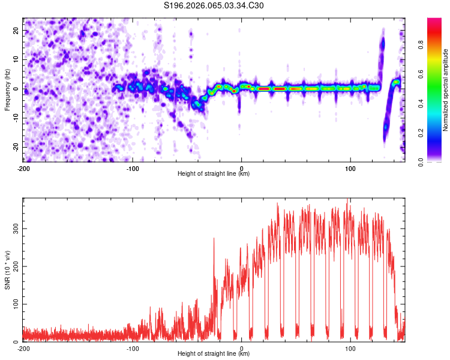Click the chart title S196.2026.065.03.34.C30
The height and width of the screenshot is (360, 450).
[x=214, y=6]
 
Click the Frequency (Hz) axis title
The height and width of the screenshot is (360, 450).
[x=8, y=89]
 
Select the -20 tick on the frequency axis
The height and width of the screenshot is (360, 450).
[x=16, y=147]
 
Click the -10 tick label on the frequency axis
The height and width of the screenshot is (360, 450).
[x=16, y=118]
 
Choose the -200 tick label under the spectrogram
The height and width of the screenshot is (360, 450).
[x=23, y=167]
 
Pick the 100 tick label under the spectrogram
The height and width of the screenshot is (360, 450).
[x=350, y=167]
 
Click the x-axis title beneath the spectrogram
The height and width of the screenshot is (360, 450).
[x=214, y=174]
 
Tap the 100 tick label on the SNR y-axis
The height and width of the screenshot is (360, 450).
[x=14, y=304]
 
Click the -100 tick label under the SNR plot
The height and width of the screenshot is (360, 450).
[x=133, y=348]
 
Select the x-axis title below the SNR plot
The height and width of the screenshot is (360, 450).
[x=214, y=354]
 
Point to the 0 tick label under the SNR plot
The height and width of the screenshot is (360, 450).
[x=242, y=348]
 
